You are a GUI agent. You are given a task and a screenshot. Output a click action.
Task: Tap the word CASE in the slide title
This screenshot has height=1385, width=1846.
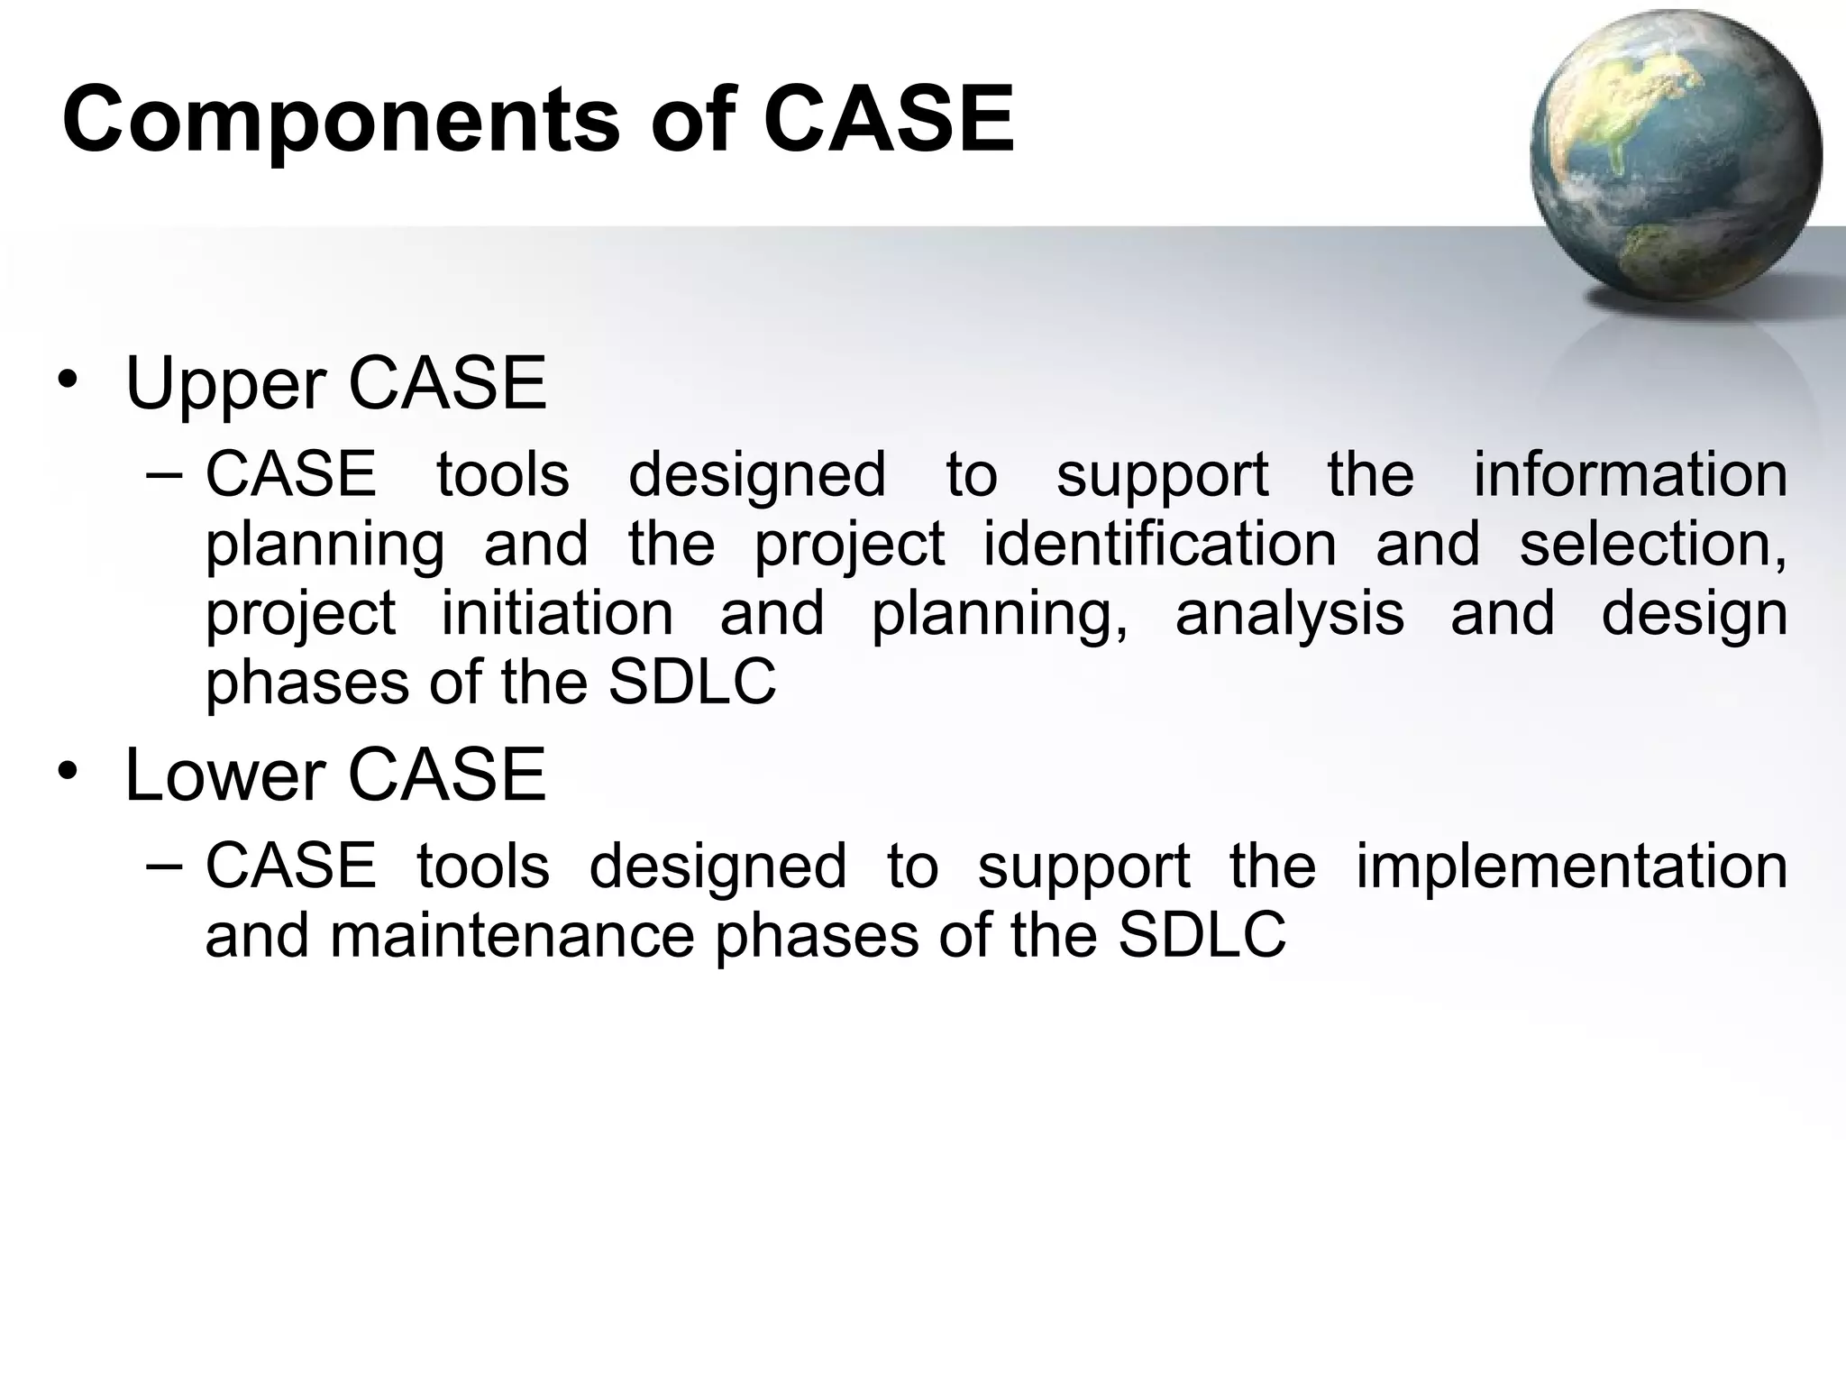pos(889,119)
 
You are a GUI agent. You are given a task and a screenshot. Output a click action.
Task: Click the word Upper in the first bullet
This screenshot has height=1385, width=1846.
pos(225,385)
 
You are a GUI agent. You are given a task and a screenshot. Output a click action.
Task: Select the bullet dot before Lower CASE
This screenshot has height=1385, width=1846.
pos(69,772)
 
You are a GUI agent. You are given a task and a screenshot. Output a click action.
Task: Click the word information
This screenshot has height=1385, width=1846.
pos(1630,475)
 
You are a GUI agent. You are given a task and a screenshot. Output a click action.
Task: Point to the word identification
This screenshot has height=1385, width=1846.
pos(1159,544)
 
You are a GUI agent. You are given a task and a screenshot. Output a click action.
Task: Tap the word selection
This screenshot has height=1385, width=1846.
pos(1652,544)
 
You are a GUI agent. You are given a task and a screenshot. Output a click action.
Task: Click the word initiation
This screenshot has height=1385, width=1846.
pos(557,613)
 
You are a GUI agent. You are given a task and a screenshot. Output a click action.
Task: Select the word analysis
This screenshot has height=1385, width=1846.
pos(1289,613)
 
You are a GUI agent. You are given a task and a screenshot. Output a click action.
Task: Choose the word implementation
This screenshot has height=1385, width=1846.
pos(1571,866)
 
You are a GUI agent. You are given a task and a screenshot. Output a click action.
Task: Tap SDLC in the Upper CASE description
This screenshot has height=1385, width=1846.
pos(691,683)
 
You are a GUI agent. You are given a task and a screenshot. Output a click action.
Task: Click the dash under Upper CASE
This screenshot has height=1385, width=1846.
pos(163,475)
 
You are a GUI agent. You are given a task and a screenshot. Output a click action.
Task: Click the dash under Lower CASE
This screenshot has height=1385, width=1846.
pos(163,866)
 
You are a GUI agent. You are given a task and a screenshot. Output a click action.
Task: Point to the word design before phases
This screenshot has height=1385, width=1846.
pos(1694,613)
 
